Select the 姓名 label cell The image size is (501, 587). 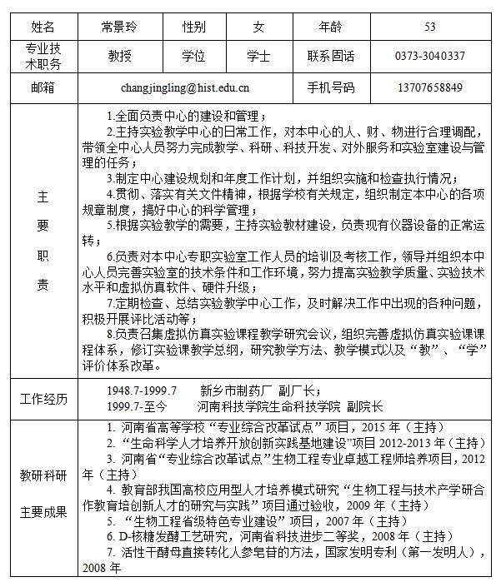pos(42,27)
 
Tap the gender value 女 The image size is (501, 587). pos(258,27)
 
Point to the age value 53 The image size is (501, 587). pos(429,27)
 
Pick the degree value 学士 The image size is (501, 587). pos(258,57)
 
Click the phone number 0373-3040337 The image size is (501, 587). pos(429,57)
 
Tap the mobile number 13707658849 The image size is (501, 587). pos(429,87)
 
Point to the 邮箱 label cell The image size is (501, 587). pos(42,87)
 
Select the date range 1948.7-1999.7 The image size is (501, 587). pos(142,390)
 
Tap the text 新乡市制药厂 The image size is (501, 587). pos(234,390)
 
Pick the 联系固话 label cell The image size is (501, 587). pos(331,57)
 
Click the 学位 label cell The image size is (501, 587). pos(194,57)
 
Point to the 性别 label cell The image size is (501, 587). pos(194,27)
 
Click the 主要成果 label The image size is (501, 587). pos(43,511)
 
